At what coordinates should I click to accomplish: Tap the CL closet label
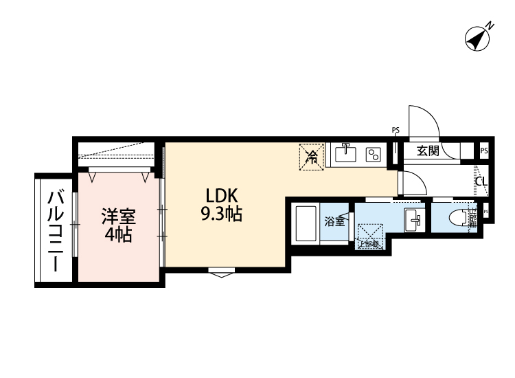tap(481, 182)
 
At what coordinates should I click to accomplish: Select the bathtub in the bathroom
tap(304, 223)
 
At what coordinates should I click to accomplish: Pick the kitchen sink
tap(345, 153)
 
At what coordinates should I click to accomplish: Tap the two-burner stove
tap(374, 153)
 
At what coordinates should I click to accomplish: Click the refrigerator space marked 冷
tap(312, 156)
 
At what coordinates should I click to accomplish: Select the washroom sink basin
tap(413, 221)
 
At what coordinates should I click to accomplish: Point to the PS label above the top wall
tap(396, 130)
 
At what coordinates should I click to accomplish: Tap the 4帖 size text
tap(119, 235)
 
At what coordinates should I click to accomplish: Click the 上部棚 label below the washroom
tap(368, 243)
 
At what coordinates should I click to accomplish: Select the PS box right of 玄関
tap(484, 151)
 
